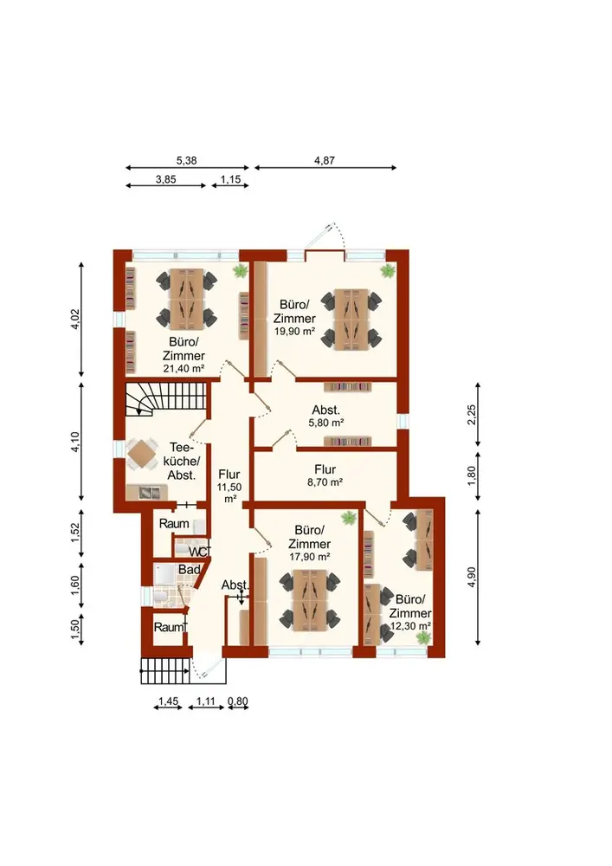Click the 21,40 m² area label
[184, 368]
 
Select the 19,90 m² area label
[294, 332]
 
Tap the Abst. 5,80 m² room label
[325, 416]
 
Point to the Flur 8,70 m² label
[325, 475]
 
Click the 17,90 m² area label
[310, 557]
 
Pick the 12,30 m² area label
[410, 626]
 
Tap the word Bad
[189, 570]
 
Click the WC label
[199, 552]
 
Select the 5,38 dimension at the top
[186, 161]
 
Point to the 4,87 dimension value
[325, 161]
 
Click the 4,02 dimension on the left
[76, 319]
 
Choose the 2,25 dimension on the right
[471, 414]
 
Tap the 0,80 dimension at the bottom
[238, 701]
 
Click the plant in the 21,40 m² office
[240, 270]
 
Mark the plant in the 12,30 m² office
[423, 638]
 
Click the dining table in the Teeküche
[142, 454]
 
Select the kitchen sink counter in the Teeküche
[145, 492]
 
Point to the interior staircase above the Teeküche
[165, 399]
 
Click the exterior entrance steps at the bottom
[165, 670]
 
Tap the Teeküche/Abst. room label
[182, 461]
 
